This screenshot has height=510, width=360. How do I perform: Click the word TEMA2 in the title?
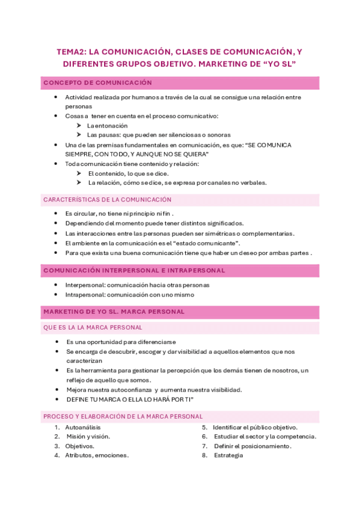coord(70,52)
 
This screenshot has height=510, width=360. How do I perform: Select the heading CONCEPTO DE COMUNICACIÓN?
coord(97,83)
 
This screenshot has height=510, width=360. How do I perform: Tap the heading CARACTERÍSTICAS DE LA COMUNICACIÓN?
coord(107,199)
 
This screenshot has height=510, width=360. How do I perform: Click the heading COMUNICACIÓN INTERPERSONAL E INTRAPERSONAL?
coord(134,271)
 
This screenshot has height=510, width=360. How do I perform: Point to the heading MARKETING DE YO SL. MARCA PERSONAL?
coord(114,312)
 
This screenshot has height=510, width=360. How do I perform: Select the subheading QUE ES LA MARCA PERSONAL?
coord(93,328)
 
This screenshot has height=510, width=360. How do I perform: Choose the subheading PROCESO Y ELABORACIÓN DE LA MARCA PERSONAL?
coord(123,416)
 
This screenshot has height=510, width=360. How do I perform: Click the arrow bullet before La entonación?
coord(79,126)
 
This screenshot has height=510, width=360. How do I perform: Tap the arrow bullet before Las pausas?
coord(79,135)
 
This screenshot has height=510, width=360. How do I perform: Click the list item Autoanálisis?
coord(84,427)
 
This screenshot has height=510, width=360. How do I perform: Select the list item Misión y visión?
coord(88,437)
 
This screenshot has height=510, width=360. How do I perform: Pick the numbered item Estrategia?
coord(228,455)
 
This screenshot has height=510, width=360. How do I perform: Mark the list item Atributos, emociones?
coord(96,455)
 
